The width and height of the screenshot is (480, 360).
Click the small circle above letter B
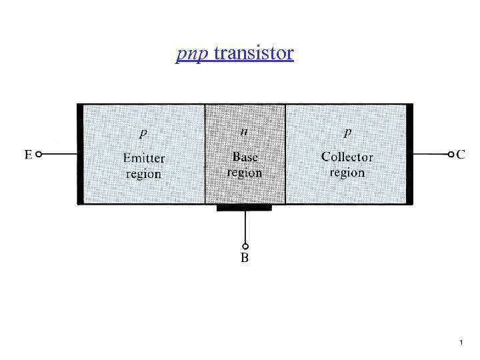pos(245,245)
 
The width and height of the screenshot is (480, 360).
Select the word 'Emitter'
pos(143,159)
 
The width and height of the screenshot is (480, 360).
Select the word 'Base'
pos(245,157)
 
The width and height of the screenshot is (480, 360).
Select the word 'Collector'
pos(347,157)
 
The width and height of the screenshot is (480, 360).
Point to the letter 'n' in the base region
pos(245,131)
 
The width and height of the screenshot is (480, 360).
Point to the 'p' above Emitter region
pos(143,133)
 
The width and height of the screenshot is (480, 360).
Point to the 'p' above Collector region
pos(347,133)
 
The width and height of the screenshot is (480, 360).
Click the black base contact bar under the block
pos(244,207)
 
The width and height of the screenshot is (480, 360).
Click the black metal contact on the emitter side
pos(80,153)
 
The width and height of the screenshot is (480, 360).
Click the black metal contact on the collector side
pos(409,153)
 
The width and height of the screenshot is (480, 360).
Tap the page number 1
pos(461,343)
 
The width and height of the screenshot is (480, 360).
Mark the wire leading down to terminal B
pos(245,227)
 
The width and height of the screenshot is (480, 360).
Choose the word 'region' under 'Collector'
pos(347,173)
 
